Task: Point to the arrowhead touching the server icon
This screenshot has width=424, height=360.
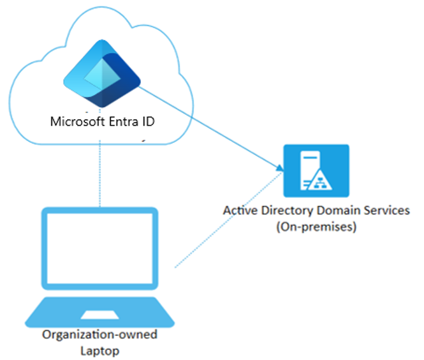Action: (279, 169)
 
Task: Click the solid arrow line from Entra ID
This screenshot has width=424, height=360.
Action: (210, 128)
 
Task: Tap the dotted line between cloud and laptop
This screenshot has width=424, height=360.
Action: (100, 172)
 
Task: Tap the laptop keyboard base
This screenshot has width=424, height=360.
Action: (100, 312)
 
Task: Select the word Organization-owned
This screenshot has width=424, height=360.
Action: (99, 336)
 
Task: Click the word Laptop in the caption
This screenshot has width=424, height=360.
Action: (99, 350)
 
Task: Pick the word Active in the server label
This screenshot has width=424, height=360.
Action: (239, 211)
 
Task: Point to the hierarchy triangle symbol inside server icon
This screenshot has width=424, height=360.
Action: (325, 183)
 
